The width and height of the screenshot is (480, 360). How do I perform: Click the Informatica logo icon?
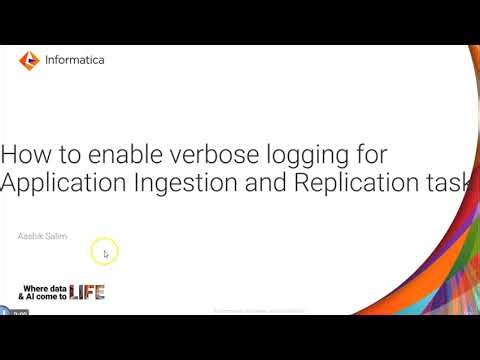pyautogui.click(x=30, y=60)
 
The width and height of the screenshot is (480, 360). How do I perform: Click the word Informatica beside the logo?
pyautogui.click(x=75, y=60)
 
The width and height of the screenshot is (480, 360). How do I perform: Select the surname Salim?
pyautogui.click(x=56, y=236)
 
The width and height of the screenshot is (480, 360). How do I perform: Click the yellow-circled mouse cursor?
pyautogui.click(x=104, y=252)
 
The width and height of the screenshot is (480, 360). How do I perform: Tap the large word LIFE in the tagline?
pyautogui.click(x=87, y=293)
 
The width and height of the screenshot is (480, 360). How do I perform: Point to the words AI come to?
pyautogui.click(x=50, y=297)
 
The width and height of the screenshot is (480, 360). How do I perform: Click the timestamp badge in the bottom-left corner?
pyautogui.click(x=18, y=313)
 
